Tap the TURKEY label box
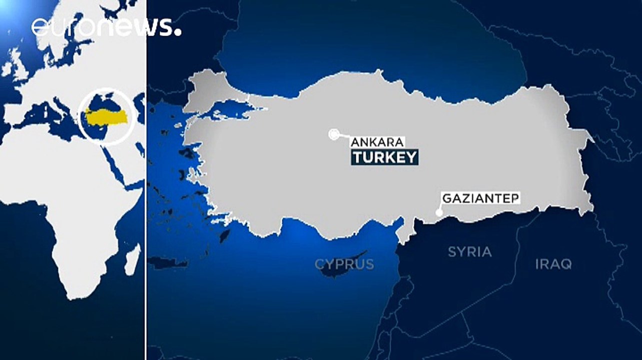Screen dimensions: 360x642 (384, 157)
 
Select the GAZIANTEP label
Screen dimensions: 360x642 (481, 198)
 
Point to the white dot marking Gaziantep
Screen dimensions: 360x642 (439, 212)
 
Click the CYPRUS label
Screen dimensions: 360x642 (344, 264)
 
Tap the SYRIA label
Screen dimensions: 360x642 (469, 251)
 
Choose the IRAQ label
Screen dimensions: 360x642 (553, 264)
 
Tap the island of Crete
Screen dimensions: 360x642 (168, 262)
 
